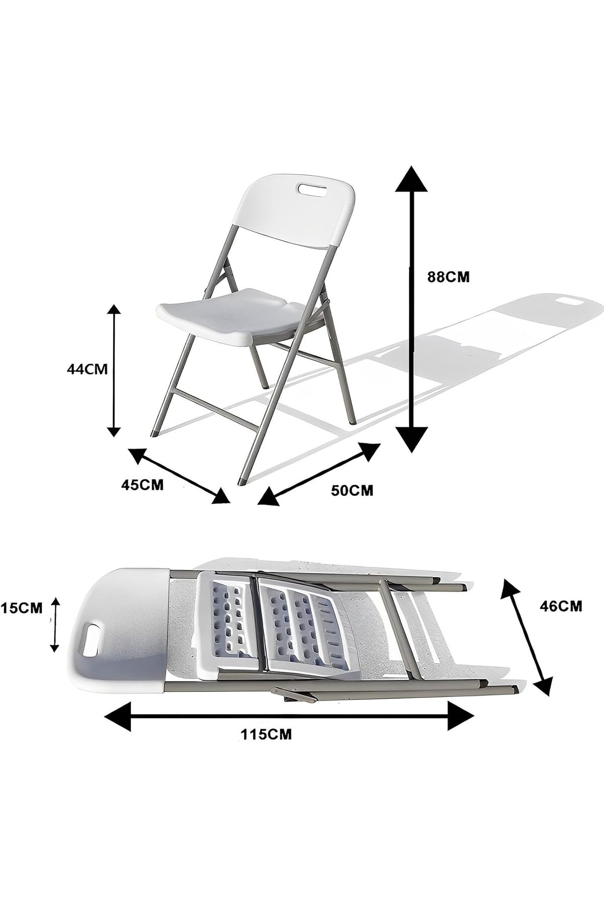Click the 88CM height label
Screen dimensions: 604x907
(448, 277)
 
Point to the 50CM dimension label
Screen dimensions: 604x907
(352, 489)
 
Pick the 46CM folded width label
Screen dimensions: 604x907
(561, 606)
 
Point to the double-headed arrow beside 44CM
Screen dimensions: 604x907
(115, 370)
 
